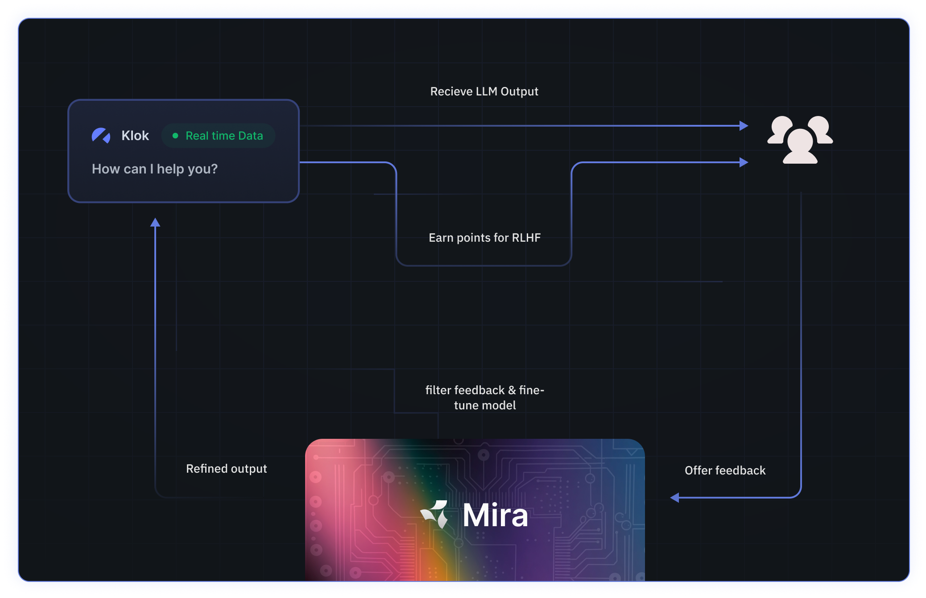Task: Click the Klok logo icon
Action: [x=101, y=136]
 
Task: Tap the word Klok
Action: [x=135, y=136]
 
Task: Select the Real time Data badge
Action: [x=218, y=136]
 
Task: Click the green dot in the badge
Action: [x=175, y=136]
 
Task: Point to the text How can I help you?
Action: [x=155, y=169]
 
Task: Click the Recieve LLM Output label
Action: [x=484, y=91]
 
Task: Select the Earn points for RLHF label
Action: [x=484, y=238]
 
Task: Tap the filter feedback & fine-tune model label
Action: [x=485, y=397]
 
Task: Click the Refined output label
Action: [x=226, y=469]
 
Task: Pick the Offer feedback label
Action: [x=725, y=470]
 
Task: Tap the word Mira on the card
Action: [x=495, y=516]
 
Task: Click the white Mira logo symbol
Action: [x=435, y=514]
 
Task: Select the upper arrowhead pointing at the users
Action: [x=744, y=126]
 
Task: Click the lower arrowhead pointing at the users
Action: [x=744, y=162]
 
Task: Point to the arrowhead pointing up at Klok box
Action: [x=155, y=222]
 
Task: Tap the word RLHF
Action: [x=526, y=238]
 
